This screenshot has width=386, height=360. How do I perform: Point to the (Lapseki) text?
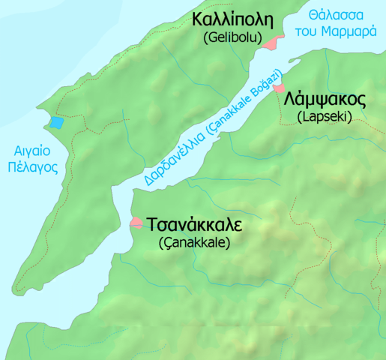pos(324,117)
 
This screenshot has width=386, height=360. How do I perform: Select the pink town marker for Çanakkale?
pos(137,222)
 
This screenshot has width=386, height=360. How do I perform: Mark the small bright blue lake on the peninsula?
pos(56,122)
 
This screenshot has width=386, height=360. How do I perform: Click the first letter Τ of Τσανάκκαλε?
pos(154,226)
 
